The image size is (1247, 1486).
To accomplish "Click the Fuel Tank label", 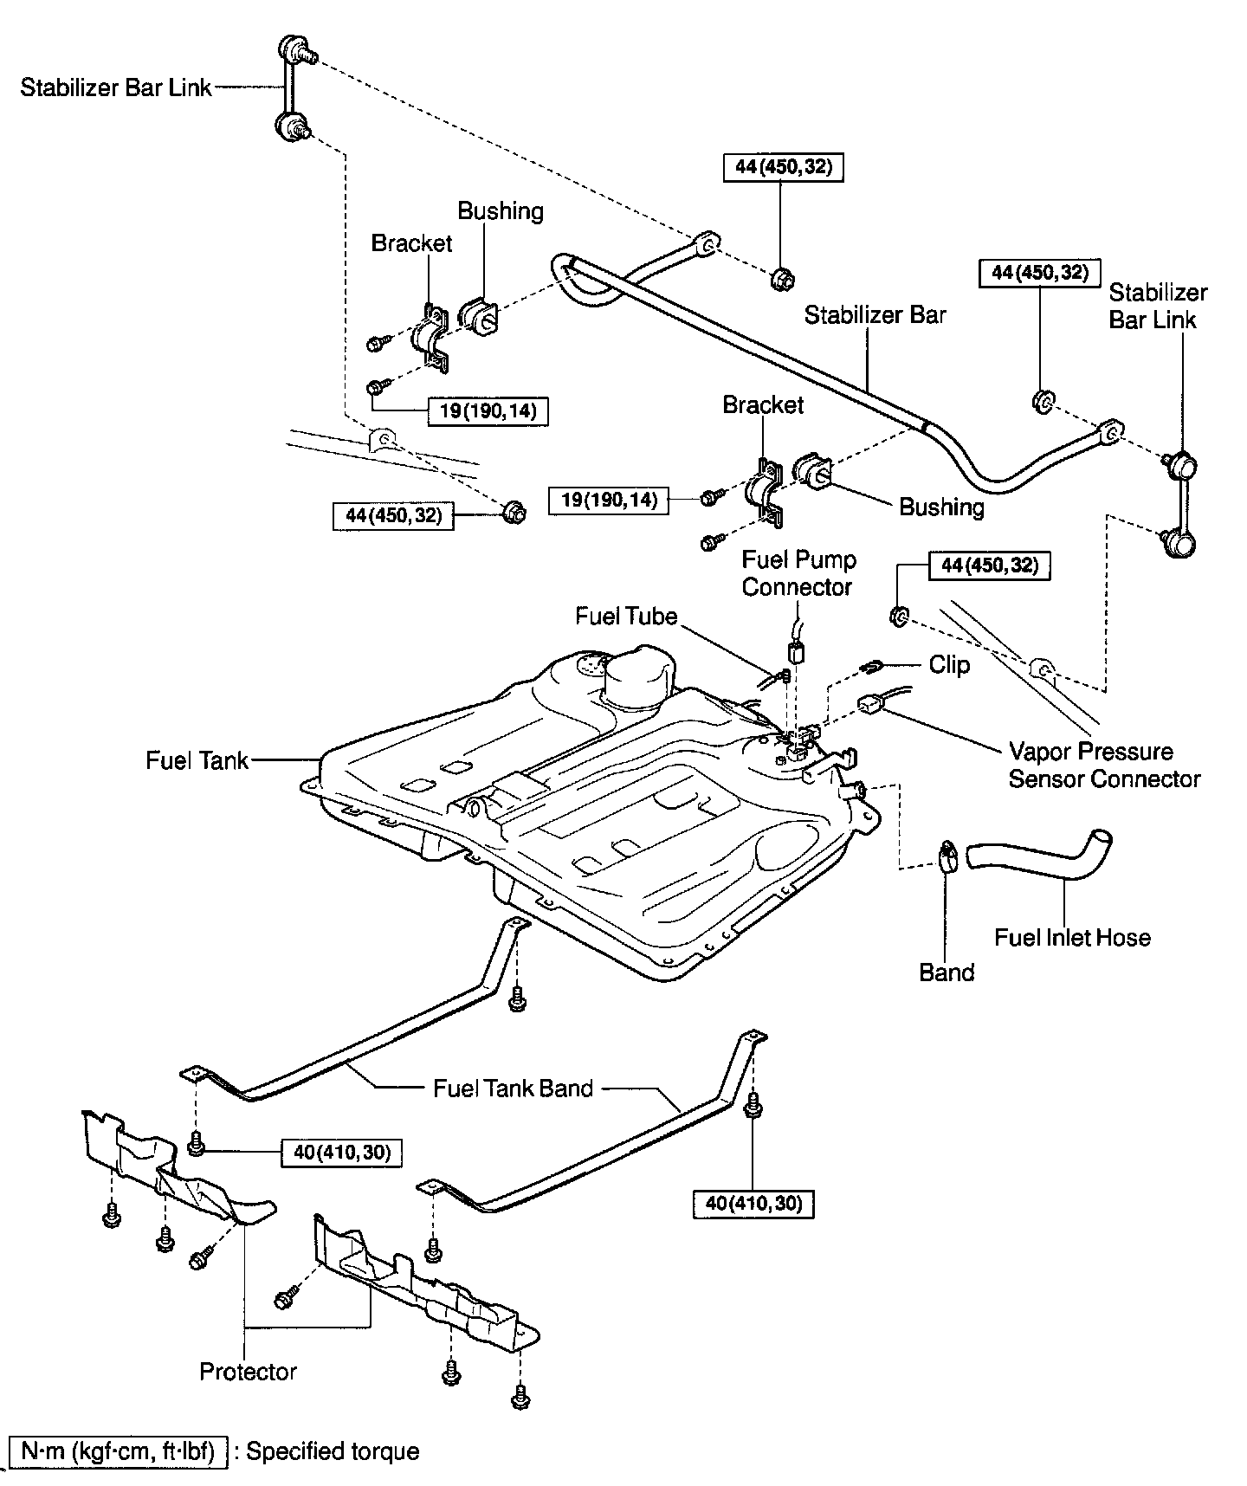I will [197, 760].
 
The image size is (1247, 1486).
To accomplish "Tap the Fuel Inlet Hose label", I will [1072, 937].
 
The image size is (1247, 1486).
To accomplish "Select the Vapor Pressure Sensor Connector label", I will [1104, 765].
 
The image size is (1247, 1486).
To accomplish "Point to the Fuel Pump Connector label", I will [798, 573].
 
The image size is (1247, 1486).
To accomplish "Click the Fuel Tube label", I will [625, 616].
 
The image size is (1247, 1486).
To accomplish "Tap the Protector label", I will [248, 1372].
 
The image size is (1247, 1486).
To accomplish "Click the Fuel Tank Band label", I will [513, 1088].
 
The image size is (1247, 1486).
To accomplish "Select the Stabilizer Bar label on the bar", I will [875, 314].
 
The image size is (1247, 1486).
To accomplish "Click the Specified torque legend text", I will [333, 1451].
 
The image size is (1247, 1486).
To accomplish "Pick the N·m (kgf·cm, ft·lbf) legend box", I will [119, 1451].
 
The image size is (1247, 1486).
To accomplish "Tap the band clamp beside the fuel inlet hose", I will [947, 857].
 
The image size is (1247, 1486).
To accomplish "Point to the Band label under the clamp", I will [947, 972].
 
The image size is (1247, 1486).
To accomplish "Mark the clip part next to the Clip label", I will [871, 666].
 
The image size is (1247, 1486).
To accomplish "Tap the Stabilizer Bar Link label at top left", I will [116, 87].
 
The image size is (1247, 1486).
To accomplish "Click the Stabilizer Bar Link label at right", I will [1157, 306].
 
